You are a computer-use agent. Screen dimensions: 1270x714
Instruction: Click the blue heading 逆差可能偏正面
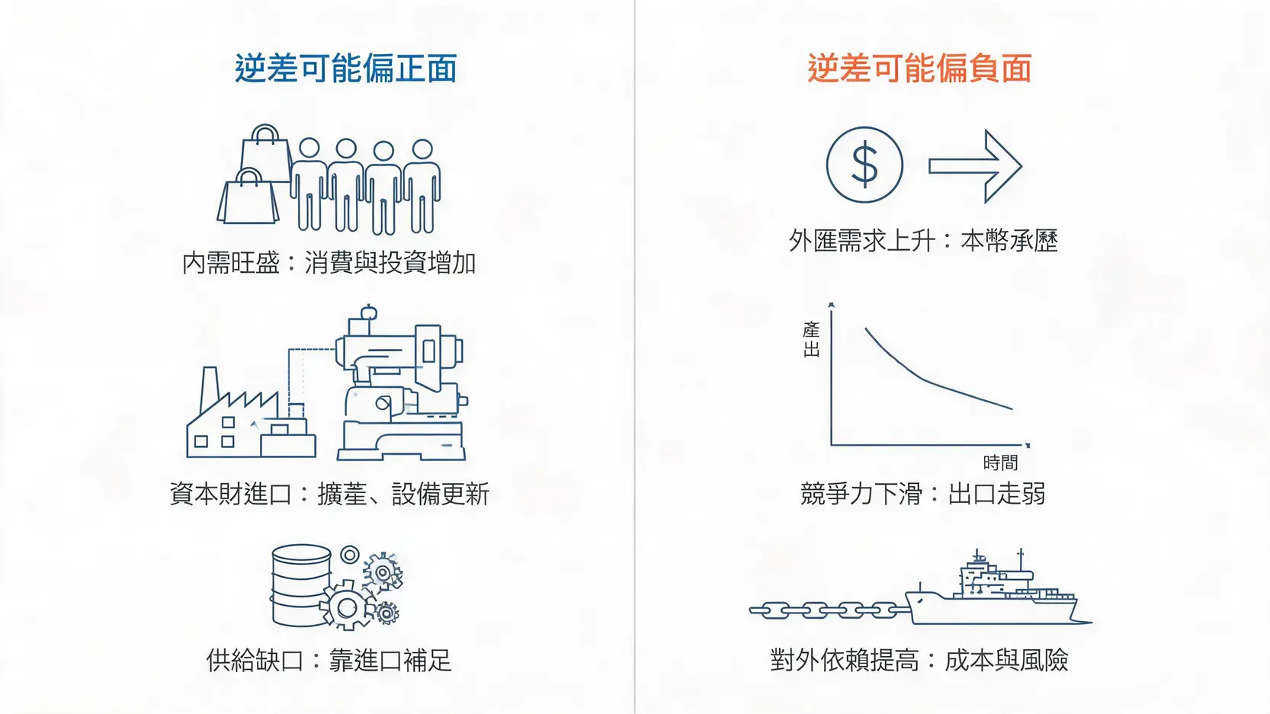point(346,69)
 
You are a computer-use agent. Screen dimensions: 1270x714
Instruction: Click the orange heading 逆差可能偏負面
point(919,69)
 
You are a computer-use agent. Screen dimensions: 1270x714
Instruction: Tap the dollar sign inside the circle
point(864,165)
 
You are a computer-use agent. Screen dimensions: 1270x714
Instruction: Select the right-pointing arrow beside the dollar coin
point(975,166)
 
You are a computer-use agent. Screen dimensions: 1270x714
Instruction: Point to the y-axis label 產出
point(811,339)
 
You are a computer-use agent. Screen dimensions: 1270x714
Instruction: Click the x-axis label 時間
point(1000,463)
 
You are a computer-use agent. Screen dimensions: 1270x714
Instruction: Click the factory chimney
point(210,391)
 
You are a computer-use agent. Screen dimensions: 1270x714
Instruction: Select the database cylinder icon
point(300,585)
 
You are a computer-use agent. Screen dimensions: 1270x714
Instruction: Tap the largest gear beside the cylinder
point(347,607)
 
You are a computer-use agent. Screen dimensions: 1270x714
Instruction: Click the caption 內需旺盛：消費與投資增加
point(329,263)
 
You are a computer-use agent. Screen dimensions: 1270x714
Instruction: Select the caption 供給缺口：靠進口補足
point(329,660)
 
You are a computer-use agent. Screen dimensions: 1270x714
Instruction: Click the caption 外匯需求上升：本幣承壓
point(924,241)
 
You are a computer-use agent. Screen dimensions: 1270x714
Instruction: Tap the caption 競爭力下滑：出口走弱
point(923,494)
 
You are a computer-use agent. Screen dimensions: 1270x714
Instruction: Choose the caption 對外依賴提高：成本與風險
point(919,660)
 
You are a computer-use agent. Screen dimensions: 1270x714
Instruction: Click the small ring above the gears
point(350,554)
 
